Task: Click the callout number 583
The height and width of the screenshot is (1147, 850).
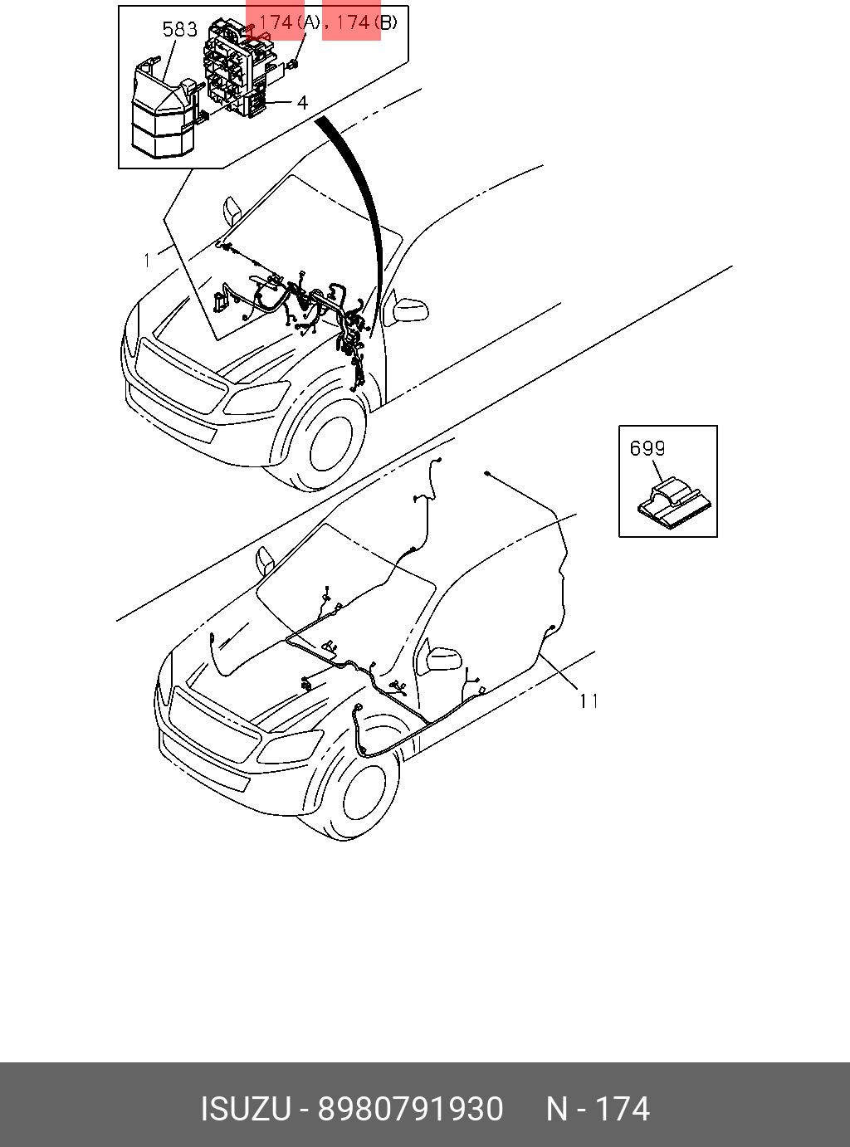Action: click(179, 30)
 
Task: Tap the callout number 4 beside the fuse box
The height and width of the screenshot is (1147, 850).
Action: click(302, 102)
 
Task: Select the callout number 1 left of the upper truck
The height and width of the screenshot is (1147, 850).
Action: click(148, 260)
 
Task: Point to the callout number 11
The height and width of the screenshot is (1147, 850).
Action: click(589, 701)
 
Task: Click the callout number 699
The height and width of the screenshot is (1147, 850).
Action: click(647, 449)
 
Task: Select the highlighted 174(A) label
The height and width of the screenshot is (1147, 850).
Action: click(287, 22)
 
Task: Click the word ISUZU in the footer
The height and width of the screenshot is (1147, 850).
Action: click(246, 1109)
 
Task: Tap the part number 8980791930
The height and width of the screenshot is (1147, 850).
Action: click(411, 1109)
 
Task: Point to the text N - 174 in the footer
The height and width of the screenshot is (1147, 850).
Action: click(598, 1109)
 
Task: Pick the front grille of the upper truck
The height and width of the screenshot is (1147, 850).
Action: click(179, 378)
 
